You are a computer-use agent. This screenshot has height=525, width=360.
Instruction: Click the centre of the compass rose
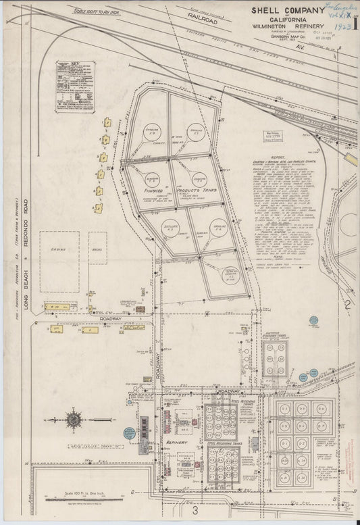[x=72, y=420]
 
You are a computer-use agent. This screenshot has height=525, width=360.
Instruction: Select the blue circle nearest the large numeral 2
[x=313, y=320]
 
